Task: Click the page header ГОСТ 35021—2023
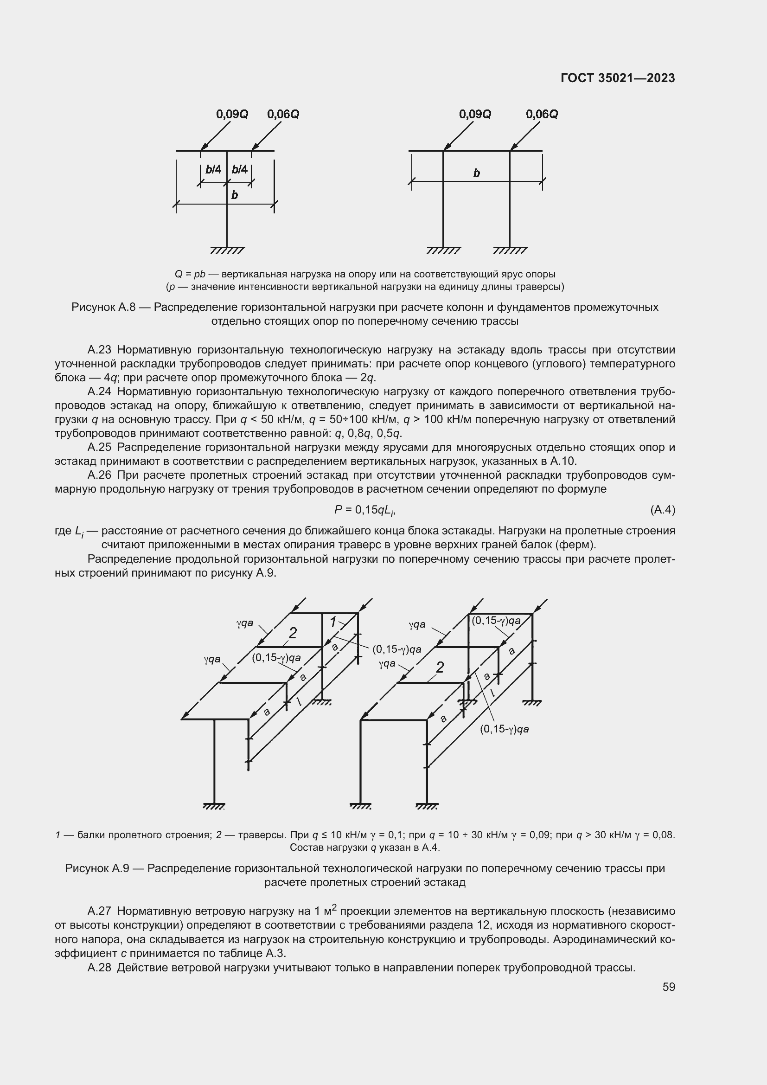pos(617,78)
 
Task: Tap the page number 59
pos(668,987)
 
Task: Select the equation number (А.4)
pos(662,510)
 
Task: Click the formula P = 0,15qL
pos(364,510)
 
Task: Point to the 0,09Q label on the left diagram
pos(232,115)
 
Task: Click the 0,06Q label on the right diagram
pos(542,115)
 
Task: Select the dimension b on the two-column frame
pos(477,173)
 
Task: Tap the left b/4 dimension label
pos(213,170)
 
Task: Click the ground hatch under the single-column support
pos(227,250)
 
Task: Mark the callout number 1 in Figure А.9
pos(333,623)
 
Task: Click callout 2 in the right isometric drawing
pos(440,667)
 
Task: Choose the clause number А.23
pos(99,350)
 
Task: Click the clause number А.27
pos(99,911)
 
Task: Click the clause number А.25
pos(99,448)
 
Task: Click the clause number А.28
pos(99,968)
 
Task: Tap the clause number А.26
pos(99,475)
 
